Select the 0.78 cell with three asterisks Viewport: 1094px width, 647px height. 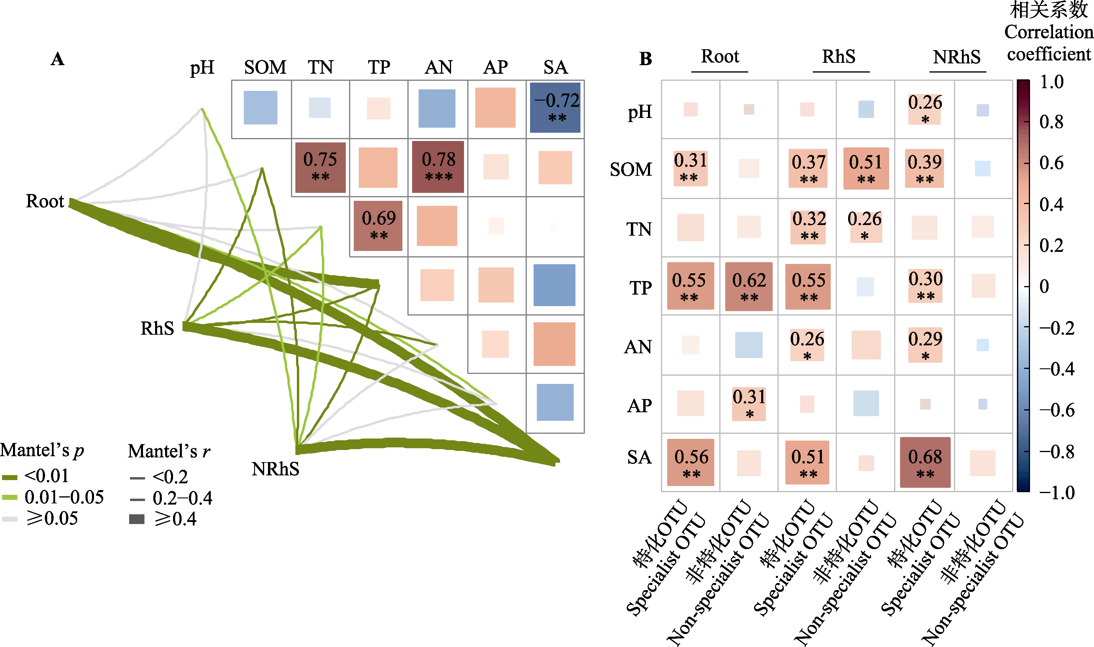[x=438, y=167]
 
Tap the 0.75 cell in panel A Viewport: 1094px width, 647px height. [x=320, y=167]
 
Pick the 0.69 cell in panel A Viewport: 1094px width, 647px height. [x=378, y=226]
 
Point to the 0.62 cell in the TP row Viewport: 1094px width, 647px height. [x=749, y=286]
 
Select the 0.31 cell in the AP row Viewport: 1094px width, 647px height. [x=749, y=404]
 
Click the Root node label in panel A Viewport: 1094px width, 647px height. [x=45, y=201]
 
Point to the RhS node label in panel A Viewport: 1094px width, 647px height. [x=157, y=328]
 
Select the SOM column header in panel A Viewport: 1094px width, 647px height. [x=265, y=67]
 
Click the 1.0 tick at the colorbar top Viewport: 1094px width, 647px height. [x=1051, y=82]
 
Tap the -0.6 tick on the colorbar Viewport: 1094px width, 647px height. [x=1057, y=410]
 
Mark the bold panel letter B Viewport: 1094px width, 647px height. [x=646, y=59]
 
